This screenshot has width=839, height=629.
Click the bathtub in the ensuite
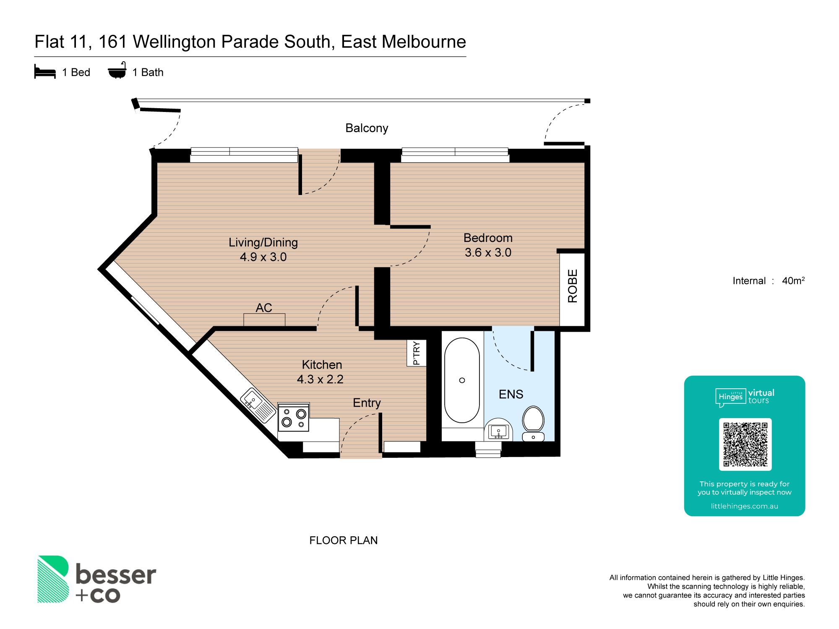click(462, 380)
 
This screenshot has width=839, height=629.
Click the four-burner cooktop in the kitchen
click(294, 417)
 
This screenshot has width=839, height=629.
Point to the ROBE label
click(573, 286)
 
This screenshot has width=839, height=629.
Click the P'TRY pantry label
click(416, 353)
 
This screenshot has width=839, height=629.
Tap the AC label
click(264, 308)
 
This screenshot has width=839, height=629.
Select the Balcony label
click(367, 128)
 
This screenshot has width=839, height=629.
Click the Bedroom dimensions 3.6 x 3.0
click(488, 252)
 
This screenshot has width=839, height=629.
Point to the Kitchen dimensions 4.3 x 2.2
click(320, 379)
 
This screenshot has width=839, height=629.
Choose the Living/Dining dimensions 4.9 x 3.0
click(263, 257)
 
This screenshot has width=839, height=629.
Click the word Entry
click(367, 403)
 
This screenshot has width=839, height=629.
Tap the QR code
click(745, 444)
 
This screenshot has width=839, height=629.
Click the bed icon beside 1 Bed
click(45, 72)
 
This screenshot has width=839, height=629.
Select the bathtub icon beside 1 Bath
click(117, 70)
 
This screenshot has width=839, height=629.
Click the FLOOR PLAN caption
click(344, 541)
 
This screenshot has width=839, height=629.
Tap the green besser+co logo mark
click(53, 579)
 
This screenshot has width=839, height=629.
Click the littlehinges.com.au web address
click(745, 506)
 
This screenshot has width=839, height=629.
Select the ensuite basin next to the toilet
click(498, 430)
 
